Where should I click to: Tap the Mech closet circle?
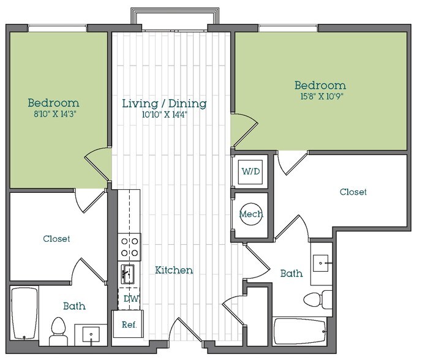coord(251,214)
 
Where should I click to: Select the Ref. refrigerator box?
coord(129,324)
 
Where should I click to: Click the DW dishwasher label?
coord(130,299)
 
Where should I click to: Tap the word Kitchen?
coord(174,270)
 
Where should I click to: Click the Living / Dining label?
coord(164,103)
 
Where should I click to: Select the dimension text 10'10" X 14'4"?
coord(164,114)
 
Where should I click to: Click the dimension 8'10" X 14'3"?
coord(53,114)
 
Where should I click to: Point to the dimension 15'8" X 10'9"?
coord(320,96)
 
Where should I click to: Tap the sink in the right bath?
coord(322,263)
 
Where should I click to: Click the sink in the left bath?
coord(91,334)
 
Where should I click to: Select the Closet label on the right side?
coord(353,192)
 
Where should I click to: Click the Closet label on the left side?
coord(56,239)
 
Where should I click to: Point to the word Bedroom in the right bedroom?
coord(320,86)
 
